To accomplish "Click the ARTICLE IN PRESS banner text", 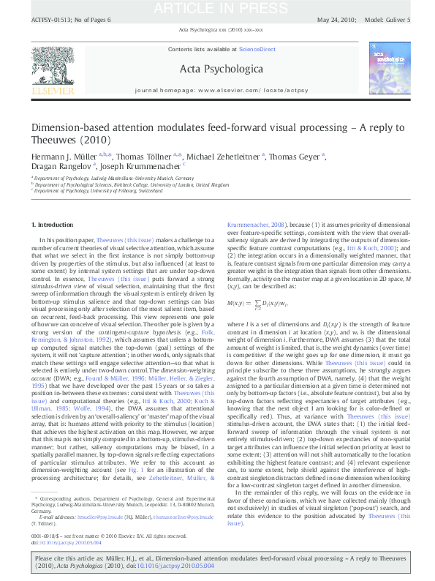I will pyautogui.click(x=217, y=8).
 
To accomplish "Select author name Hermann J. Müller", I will pyautogui.click(x=65, y=157).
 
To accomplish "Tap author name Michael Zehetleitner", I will pyautogui.click(x=224, y=157).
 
